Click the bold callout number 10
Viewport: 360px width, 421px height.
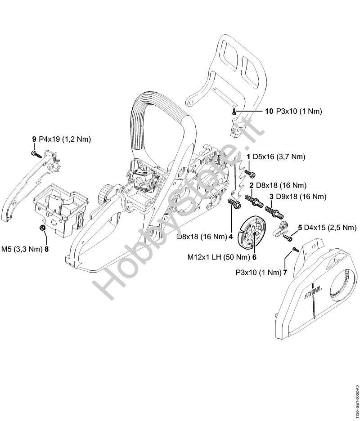(x=269, y=111)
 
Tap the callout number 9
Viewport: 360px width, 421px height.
(x=34, y=139)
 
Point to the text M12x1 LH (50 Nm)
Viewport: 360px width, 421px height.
(x=219, y=257)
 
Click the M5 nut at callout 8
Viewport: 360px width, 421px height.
(x=42, y=228)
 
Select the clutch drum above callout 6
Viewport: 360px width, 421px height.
(x=249, y=232)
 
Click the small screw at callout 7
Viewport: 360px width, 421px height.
(x=296, y=249)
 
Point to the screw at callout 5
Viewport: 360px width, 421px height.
(x=288, y=237)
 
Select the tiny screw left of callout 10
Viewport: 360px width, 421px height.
(x=234, y=112)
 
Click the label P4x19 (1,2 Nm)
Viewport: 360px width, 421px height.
(x=65, y=139)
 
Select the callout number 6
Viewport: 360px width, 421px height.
(x=254, y=257)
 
